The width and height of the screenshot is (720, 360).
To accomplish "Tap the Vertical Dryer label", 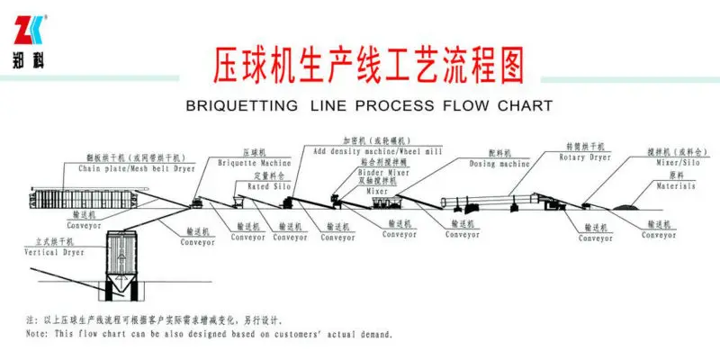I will click(x=51, y=253).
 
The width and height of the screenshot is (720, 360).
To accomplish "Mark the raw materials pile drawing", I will click(x=625, y=207).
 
